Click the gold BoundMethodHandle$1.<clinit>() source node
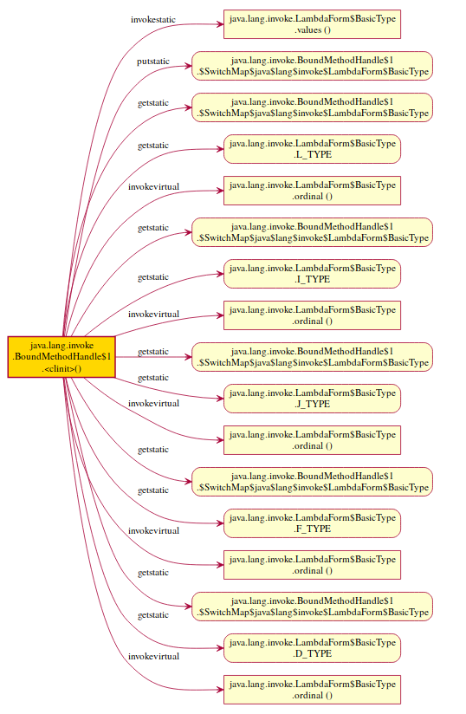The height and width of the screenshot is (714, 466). [60, 356]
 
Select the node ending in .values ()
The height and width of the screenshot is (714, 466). [312, 23]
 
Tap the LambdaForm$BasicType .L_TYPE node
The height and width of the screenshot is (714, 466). [312, 148]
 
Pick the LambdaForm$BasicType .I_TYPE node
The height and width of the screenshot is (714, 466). [312, 273]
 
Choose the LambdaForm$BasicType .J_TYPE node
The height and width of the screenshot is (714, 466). [312, 398]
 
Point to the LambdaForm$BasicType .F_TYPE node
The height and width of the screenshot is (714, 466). [312, 523]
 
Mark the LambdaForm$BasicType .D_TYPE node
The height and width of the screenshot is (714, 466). [312, 647]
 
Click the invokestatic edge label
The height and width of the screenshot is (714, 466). [156, 18]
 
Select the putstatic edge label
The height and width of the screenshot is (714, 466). [153, 61]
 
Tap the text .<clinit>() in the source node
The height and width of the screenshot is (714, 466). [61, 368]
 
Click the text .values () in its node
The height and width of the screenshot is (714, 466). [313, 29]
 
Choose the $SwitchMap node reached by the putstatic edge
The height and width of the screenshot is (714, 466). [312, 65]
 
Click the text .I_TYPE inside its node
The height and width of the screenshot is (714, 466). [313, 279]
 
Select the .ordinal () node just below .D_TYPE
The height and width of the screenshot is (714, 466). [312, 689]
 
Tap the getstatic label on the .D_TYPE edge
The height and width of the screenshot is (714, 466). [153, 615]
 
